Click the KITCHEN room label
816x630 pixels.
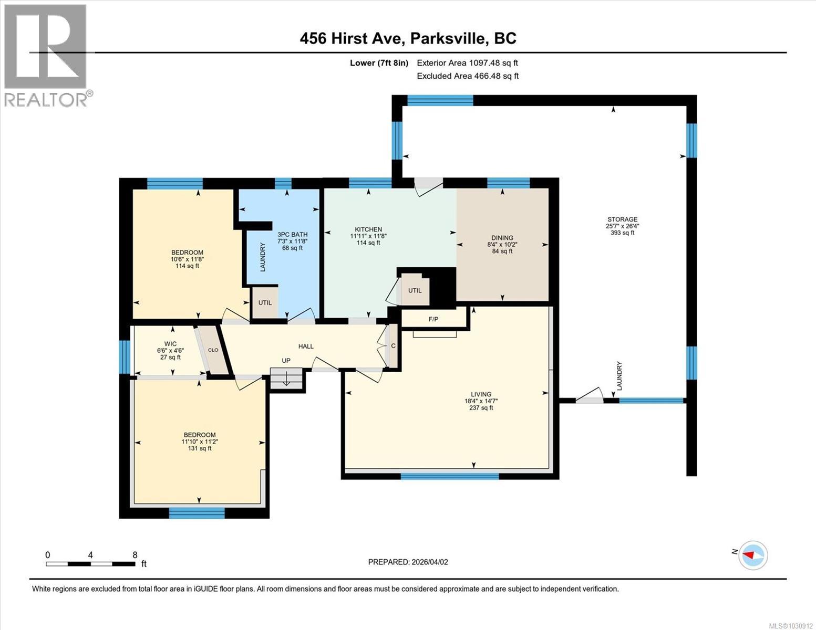[368, 229]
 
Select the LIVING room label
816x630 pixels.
[481, 394]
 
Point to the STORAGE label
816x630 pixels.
[622, 219]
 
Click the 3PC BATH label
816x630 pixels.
[292, 235]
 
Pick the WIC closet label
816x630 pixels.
[170, 344]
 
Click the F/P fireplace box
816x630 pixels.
[434, 318]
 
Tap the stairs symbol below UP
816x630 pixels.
[287, 379]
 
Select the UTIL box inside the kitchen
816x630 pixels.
[415, 290]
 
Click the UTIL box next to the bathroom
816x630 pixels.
[265, 302]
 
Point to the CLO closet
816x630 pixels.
[213, 350]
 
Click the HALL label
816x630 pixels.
[306, 346]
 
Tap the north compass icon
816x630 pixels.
[753, 555]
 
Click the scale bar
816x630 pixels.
[90, 564]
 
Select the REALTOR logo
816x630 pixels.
[46, 55]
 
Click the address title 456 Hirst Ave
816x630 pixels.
[408, 38]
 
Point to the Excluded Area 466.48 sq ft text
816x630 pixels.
[467, 76]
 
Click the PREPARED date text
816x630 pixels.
[408, 562]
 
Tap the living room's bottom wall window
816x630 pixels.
[449, 476]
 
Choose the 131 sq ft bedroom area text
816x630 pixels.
[199, 448]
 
